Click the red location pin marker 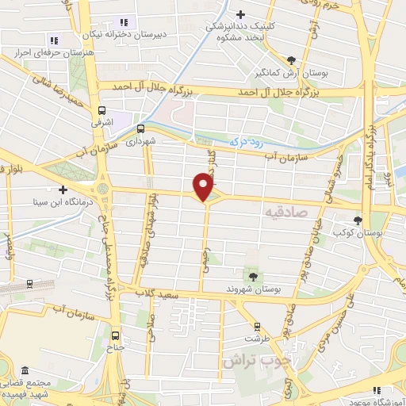[x=205, y=186]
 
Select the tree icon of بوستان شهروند [x=253, y=275]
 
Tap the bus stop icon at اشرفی [x=101, y=111]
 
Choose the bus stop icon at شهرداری [x=140, y=129]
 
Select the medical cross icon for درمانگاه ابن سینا [x=62, y=190]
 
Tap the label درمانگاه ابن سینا [x=31, y=202]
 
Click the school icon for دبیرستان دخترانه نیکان [x=123, y=21]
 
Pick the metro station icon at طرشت [x=257, y=326]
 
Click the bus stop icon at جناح [x=117, y=334]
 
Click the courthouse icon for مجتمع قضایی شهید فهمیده [x=25, y=371]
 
